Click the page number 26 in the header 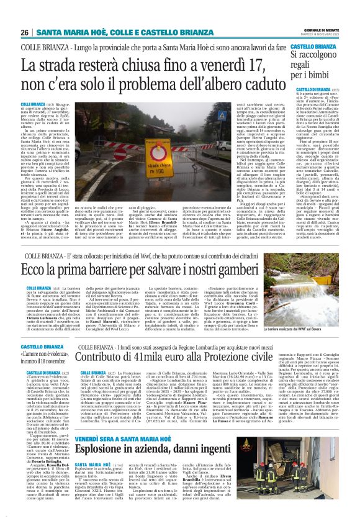click(25, 32)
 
